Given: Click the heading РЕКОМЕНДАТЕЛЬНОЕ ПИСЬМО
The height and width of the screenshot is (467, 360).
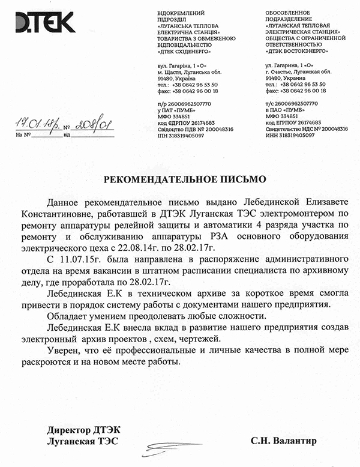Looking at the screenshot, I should [180, 179].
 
